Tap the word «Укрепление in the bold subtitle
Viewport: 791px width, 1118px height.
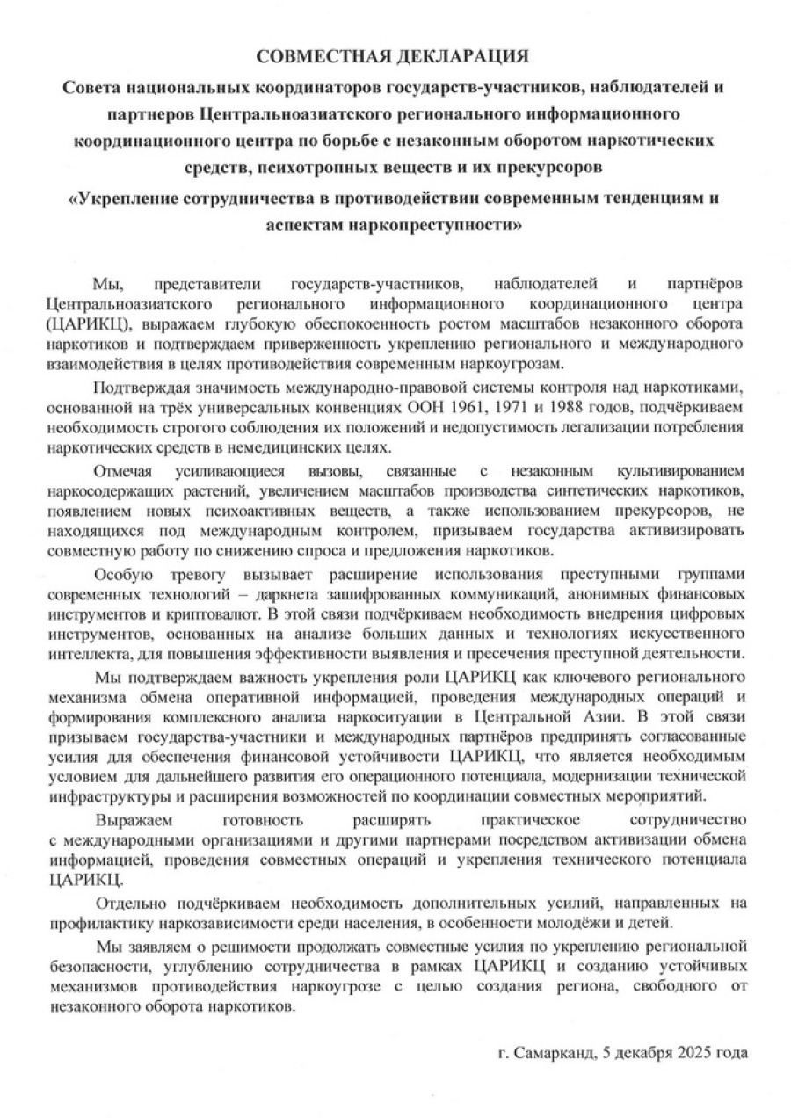126,198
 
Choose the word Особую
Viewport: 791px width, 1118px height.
122,576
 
